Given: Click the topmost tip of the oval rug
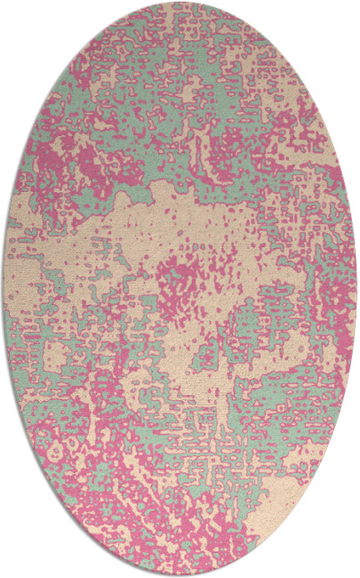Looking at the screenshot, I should click(180, 3).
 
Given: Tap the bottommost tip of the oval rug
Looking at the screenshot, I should click(180, 575).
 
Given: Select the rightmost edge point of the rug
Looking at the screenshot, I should click(356, 289).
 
